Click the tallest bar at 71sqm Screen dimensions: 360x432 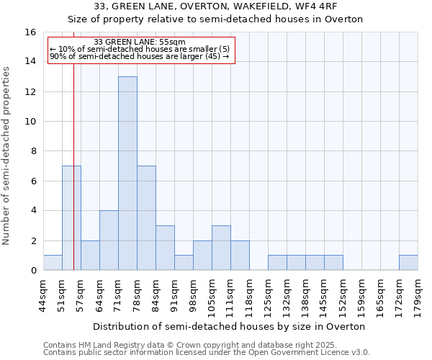click(x=127, y=173)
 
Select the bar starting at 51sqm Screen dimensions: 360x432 click(x=71, y=217)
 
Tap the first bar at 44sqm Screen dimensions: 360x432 click(x=53, y=263)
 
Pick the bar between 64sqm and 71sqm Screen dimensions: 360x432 click(x=109, y=240)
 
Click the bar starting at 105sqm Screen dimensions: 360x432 click(x=221, y=248)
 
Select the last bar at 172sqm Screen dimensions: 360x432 click(x=408, y=263)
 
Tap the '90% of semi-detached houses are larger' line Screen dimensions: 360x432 click(x=140, y=56)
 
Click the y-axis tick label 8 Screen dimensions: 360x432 click(x=33, y=151)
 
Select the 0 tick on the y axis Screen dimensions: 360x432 click(x=33, y=271)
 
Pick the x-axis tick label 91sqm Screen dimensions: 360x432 click(x=173, y=294)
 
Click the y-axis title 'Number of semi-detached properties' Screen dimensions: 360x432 click(x=7, y=156)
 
